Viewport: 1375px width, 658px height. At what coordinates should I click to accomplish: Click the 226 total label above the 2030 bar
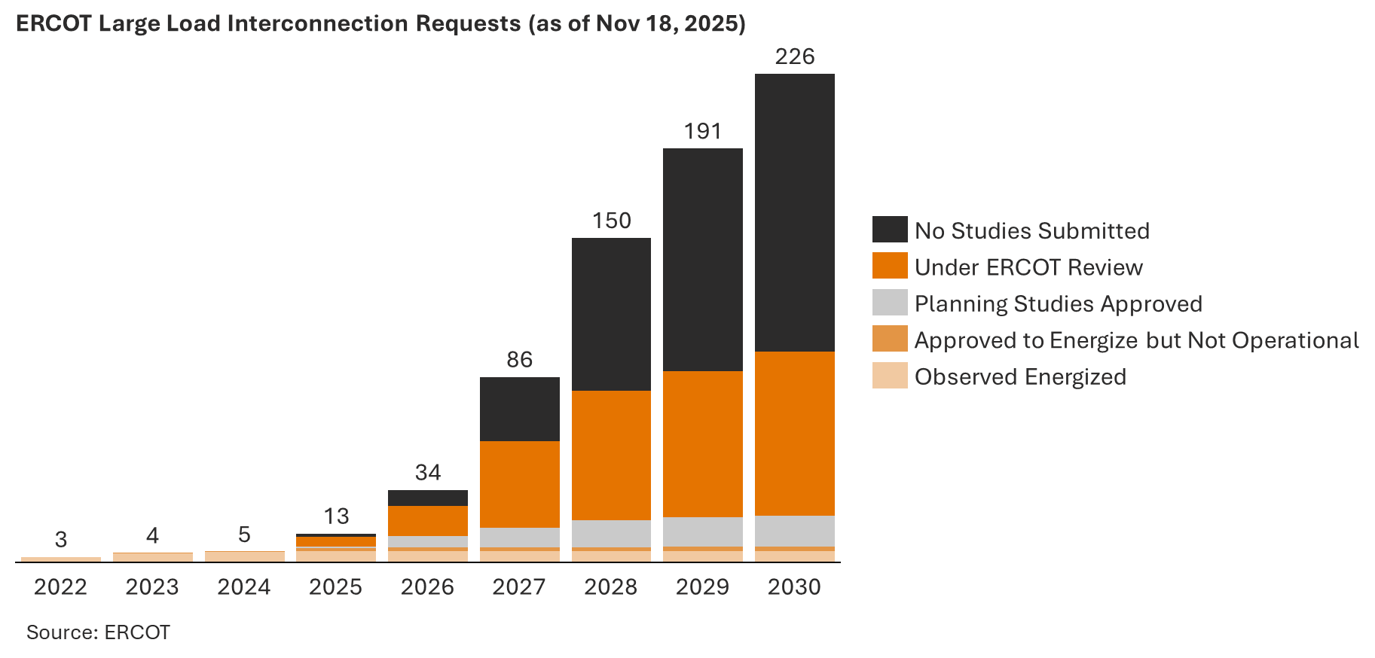tap(795, 56)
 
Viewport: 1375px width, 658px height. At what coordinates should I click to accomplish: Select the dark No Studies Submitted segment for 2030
tap(794, 212)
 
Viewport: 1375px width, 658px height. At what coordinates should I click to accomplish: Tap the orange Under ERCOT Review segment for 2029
tap(702, 443)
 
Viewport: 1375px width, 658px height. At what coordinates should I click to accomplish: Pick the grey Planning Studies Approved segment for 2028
tap(611, 533)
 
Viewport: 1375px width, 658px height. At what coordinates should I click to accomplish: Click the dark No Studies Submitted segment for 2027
tap(519, 409)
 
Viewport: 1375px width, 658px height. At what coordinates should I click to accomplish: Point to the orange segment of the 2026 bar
tap(427, 520)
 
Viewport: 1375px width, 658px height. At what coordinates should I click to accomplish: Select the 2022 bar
tap(61, 559)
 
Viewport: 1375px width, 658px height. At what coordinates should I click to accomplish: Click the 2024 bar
tap(244, 556)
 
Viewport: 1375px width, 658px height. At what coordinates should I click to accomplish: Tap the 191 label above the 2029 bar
tap(702, 132)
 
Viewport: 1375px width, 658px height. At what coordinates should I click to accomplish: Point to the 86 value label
tap(519, 360)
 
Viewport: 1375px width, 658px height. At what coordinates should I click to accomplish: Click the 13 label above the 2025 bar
tap(336, 516)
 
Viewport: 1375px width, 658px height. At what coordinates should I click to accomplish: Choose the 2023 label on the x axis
tap(152, 587)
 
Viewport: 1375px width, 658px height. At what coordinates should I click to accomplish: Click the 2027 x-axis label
tap(519, 587)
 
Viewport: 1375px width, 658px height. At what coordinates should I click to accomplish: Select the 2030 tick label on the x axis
tap(794, 587)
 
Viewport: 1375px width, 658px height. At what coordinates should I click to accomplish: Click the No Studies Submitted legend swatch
tap(890, 230)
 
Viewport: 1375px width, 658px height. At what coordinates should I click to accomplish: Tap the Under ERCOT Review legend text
tap(1028, 267)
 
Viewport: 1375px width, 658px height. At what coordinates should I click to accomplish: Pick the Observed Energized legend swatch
tap(890, 376)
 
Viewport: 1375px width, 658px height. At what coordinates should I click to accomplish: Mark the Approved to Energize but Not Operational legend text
tap(1136, 340)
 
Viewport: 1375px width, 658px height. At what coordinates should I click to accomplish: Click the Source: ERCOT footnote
tap(98, 632)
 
